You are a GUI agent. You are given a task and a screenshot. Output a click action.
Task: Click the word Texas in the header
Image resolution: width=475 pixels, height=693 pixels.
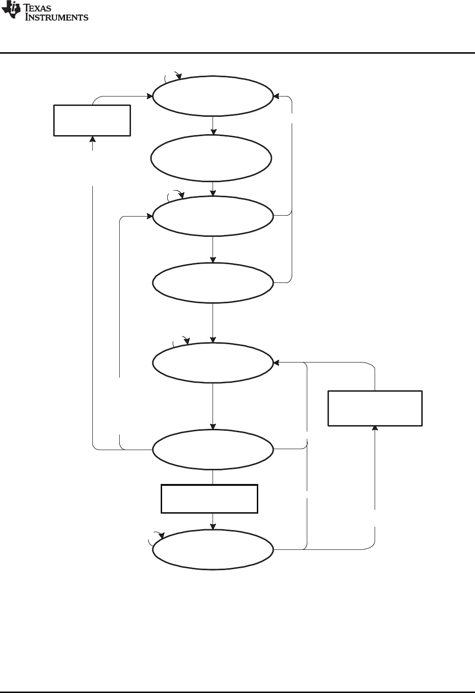coord(37,8)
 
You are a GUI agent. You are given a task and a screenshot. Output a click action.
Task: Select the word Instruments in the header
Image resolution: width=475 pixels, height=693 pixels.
coord(57,17)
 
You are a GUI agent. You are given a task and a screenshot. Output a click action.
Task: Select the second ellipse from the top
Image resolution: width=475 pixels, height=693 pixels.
coord(211,158)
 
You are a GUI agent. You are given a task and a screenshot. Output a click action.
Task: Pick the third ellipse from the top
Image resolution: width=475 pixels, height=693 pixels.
coord(213,216)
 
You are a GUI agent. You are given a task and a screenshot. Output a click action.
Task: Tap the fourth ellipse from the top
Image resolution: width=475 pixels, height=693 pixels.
coord(213,282)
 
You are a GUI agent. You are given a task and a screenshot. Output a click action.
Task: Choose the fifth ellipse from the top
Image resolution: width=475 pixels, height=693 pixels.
coord(213,363)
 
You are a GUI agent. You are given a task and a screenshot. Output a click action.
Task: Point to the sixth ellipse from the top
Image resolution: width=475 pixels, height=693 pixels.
coord(213,449)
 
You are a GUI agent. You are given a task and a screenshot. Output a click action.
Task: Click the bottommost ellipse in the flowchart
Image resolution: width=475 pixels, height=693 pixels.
coord(213,550)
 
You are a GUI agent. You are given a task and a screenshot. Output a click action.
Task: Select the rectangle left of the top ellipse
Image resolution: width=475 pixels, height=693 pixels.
coord(92,121)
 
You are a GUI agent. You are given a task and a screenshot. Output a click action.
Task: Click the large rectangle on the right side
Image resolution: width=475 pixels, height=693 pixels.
coord(375,408)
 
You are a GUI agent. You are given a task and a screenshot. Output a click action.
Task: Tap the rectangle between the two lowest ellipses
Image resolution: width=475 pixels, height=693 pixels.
coord(209,499)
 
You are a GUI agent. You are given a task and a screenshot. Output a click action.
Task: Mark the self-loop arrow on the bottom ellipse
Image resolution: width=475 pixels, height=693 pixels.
coord(156,535)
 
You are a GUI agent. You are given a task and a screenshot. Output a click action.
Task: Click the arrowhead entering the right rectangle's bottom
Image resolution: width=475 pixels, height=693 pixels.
coord(375,428)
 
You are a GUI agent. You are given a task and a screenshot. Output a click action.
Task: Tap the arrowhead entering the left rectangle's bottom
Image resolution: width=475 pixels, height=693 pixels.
coord(92,139)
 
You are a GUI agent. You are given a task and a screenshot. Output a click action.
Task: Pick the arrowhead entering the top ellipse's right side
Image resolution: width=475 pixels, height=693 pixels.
coord(276,97)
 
